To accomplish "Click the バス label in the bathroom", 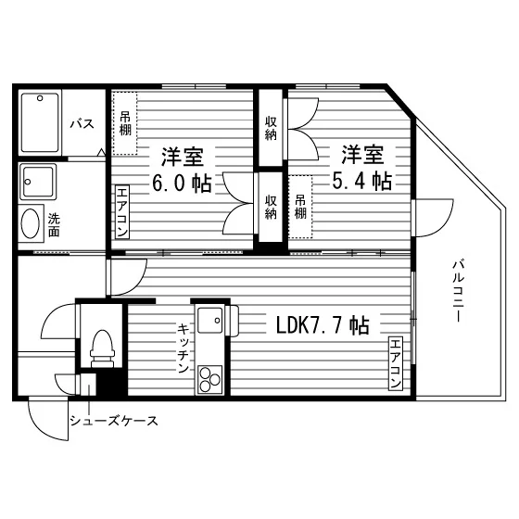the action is (x=82, y=124).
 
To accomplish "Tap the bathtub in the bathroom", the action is (x=40, y=122).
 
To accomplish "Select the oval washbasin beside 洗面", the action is (x=31, y=223).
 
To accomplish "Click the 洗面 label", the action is (x=54, y=225).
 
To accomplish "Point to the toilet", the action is (x=102, y=348).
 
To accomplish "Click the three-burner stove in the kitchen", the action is (x=209, y=379).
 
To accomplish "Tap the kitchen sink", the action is (x=209, y=320).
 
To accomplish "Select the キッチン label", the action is (x=184, y=348).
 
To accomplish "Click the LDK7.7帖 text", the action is (x=323, y=325).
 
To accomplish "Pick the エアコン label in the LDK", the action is (x=396, y=363).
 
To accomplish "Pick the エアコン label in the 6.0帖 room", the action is (x=122, y=212).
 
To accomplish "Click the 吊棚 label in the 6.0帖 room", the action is (x=125, y=123).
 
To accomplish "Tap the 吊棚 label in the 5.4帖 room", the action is (x=300, y=207).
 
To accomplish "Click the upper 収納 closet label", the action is (x=271, y=129).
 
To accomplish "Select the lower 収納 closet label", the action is (x=271, y=208).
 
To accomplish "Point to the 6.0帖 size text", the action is (x=182, y=184).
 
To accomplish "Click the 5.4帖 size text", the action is (x=362, y=181).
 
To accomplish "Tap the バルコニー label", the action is (x=459, y=291).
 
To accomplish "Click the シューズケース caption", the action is (x=113, y=421).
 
